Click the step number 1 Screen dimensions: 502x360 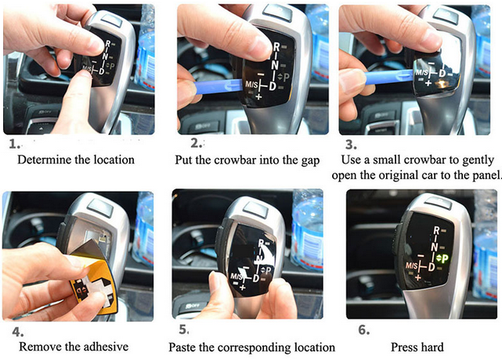[14, 144]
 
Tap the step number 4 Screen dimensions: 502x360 [18, 332]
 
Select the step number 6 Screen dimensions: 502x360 [364, 329]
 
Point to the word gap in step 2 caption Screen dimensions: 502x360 [310, 160]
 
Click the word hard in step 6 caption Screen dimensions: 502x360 [432, 347]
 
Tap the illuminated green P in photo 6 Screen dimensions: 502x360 [445, 258]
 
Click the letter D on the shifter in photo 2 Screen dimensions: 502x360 [273, 86]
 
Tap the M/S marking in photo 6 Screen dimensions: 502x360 [411, 265]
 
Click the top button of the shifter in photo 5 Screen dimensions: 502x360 [255, 208]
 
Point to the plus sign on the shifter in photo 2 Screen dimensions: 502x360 [258, 96]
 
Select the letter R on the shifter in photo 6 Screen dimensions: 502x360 [436, 230]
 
